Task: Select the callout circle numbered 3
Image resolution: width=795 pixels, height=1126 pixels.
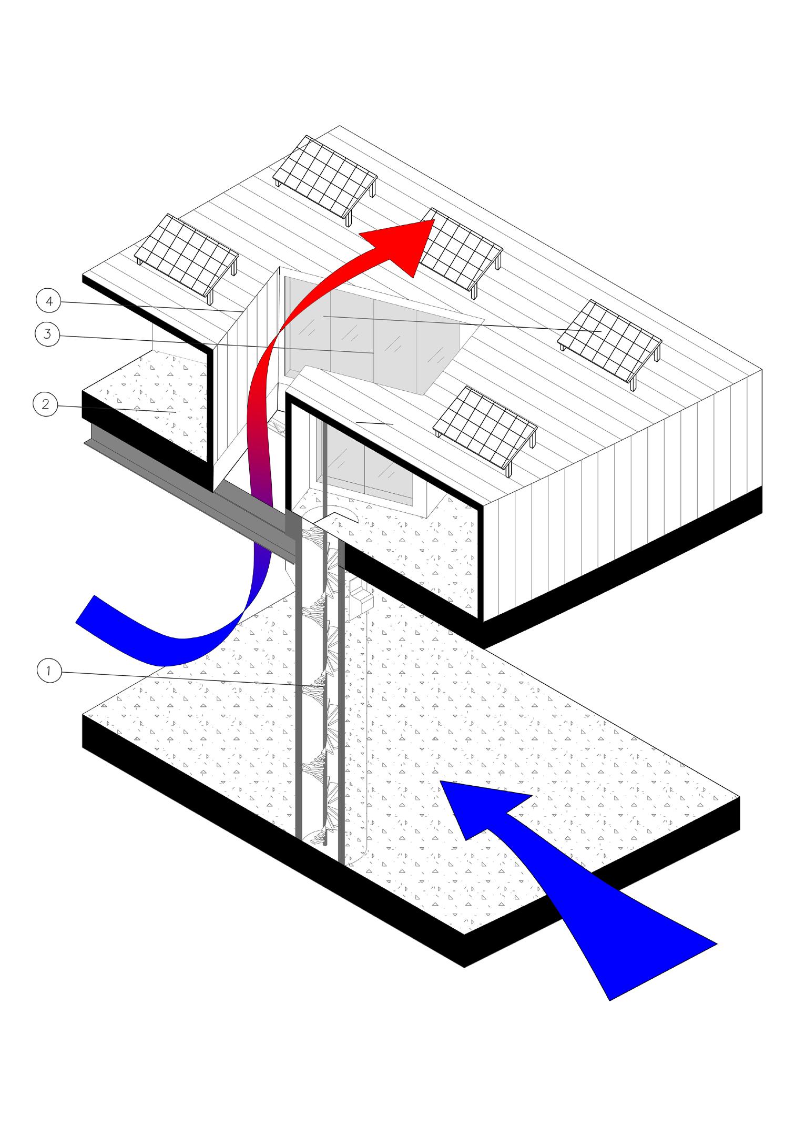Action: pos(48,334)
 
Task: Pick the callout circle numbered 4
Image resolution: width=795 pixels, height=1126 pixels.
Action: pos(48,301)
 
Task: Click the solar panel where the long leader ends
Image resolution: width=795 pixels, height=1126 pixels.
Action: pos(610,339)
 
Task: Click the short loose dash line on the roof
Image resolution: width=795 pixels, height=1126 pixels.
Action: pos(374,423)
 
